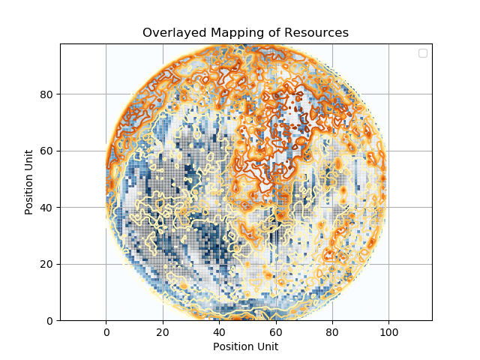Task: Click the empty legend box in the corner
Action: (x=423, y=52)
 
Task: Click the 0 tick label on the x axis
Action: (x=106, y=331)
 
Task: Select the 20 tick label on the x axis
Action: (x=162, y=331)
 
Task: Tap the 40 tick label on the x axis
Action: (x=219, y=331)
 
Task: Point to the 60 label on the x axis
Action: (x=275, y=331)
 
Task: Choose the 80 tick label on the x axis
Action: (x=332, y=331)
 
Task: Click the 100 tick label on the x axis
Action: (x=388, y=331)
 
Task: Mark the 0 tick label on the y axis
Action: (x=49, y=320)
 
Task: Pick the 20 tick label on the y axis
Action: (x=46, y=264)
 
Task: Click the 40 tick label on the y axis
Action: (x=46, y=208)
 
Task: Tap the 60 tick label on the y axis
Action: (x=46, y=151)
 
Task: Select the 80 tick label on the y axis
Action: (x=46, y=94)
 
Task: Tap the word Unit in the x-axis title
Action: (x=268, y=346)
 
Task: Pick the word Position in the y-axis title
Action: (x=29, y=193)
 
